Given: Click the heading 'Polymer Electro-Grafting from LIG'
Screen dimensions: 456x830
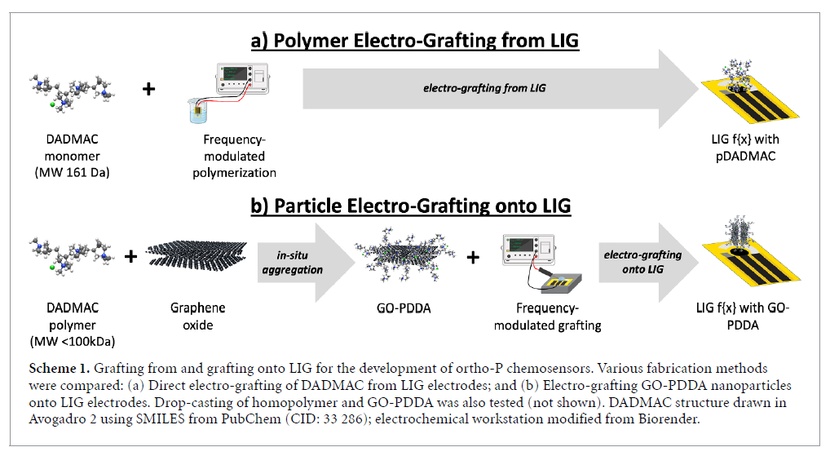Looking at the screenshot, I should (416, 40).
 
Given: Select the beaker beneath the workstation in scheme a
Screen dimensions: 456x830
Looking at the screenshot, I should (197, 111).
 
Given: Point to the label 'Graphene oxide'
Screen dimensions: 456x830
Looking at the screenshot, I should (196, 317).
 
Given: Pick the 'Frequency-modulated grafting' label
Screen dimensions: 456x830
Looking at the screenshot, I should (558, 317).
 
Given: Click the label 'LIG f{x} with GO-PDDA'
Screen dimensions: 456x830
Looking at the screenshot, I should (737, 317).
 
